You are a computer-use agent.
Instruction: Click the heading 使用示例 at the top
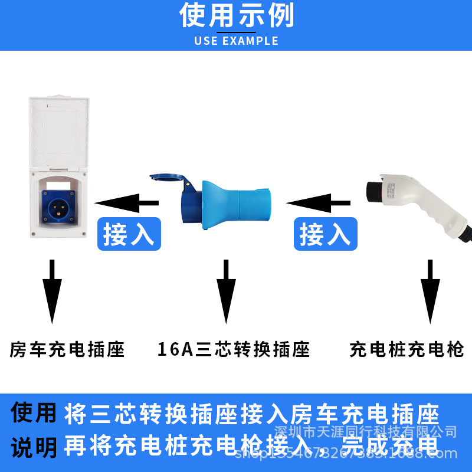(x=236, y=16)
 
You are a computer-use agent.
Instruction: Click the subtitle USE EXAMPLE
(x=236, y=41)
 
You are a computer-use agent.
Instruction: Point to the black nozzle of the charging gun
(x=373, y=190)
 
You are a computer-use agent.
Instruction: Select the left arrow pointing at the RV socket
(x=126, y=204)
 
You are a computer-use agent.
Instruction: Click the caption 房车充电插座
(x=67, y=349)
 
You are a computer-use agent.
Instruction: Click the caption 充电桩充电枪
(x=407, y=349)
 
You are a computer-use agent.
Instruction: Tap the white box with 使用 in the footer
(x=34, y=413)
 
